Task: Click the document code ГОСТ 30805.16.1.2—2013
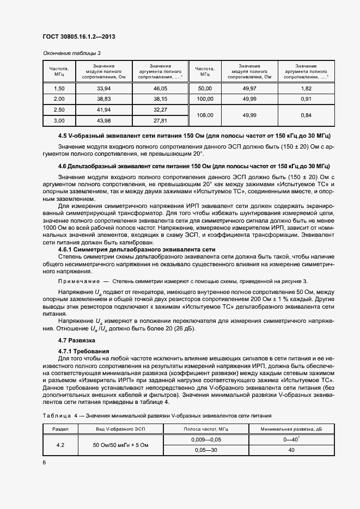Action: pos(78,37)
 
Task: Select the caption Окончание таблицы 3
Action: pos(72,53)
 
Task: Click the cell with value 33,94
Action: pos(103,88)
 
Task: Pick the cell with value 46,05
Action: pos(160,88)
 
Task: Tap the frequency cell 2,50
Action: pos(59,109)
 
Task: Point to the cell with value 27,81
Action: pos(160,120)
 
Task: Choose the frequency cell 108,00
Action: pos(205,115)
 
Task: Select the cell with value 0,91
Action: pos(306,99)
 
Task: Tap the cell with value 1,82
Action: pos(306,88)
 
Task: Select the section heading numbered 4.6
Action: pos(196,165)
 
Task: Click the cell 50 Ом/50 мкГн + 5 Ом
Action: pos(120,445)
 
